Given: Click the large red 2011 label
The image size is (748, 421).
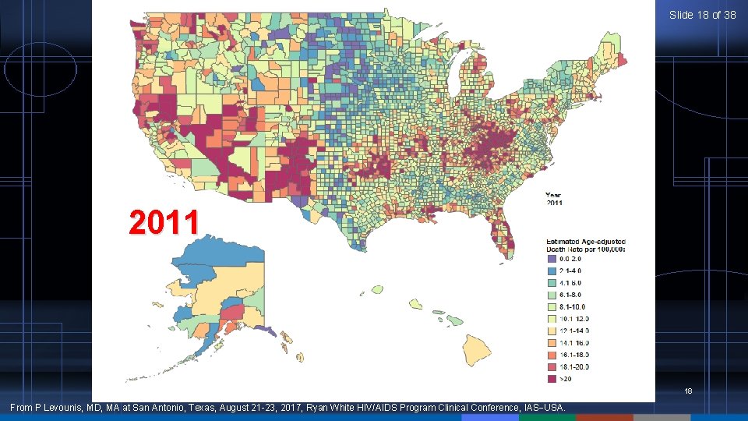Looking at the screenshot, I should (x=164, y=223).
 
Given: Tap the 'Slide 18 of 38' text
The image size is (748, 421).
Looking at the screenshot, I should (x=702, y=15).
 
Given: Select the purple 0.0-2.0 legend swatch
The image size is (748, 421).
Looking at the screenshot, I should (x=552, y=258).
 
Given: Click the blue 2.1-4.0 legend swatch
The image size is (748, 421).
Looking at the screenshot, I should (x=552, y=271).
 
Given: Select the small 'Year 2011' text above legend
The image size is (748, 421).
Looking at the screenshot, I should (x=553, y=199).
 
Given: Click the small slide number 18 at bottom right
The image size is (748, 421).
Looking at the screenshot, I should (x=688, y=391).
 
